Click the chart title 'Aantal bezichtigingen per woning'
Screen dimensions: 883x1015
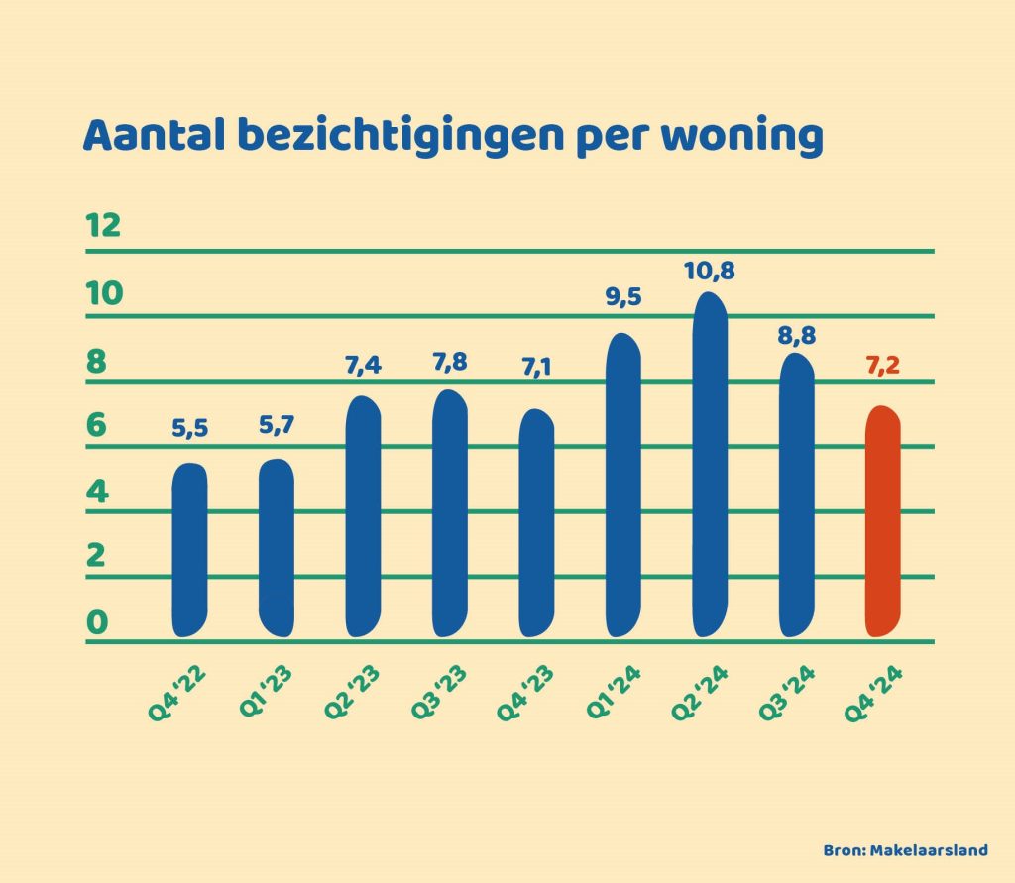[x=453, y=137]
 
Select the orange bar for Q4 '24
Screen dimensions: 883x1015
[x=882, y=521]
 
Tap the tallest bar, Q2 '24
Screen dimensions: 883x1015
[x=709, y=466]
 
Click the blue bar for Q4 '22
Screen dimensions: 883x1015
[x=189, y=550]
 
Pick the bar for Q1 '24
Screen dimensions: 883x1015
[x=622, y=486]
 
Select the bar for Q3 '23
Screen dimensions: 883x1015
[x=449, y=513]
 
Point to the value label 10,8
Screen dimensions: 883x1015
[x=709, y=270]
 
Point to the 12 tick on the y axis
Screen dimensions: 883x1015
[x=103, y=225]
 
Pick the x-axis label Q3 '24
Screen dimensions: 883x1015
[x=785, y=697]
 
